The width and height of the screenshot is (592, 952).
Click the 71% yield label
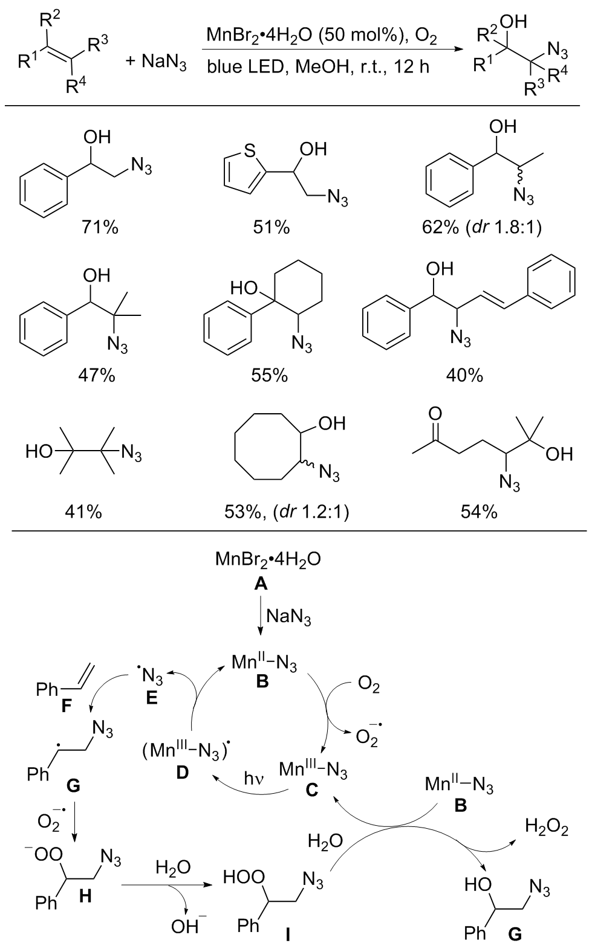coord(100,228)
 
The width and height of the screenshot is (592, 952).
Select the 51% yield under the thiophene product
coord(272,228)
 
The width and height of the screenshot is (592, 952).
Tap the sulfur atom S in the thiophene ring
coord(250,150)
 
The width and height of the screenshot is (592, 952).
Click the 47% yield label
coord(97,376)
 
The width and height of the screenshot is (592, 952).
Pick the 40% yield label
coord(464,376)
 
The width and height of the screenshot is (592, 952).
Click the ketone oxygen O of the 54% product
coord(435,413)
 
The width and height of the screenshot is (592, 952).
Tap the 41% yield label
coord(83,513)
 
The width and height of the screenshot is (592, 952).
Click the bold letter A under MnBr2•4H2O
coord(261,584)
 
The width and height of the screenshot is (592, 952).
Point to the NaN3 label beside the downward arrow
coord(288,617)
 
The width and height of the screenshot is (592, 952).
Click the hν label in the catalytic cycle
coord(254,778)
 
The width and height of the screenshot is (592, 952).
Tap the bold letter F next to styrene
coord(67,706)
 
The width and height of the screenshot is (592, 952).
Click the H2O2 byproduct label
coord(547,826)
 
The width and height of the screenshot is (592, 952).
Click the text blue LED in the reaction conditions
coord(245,66)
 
